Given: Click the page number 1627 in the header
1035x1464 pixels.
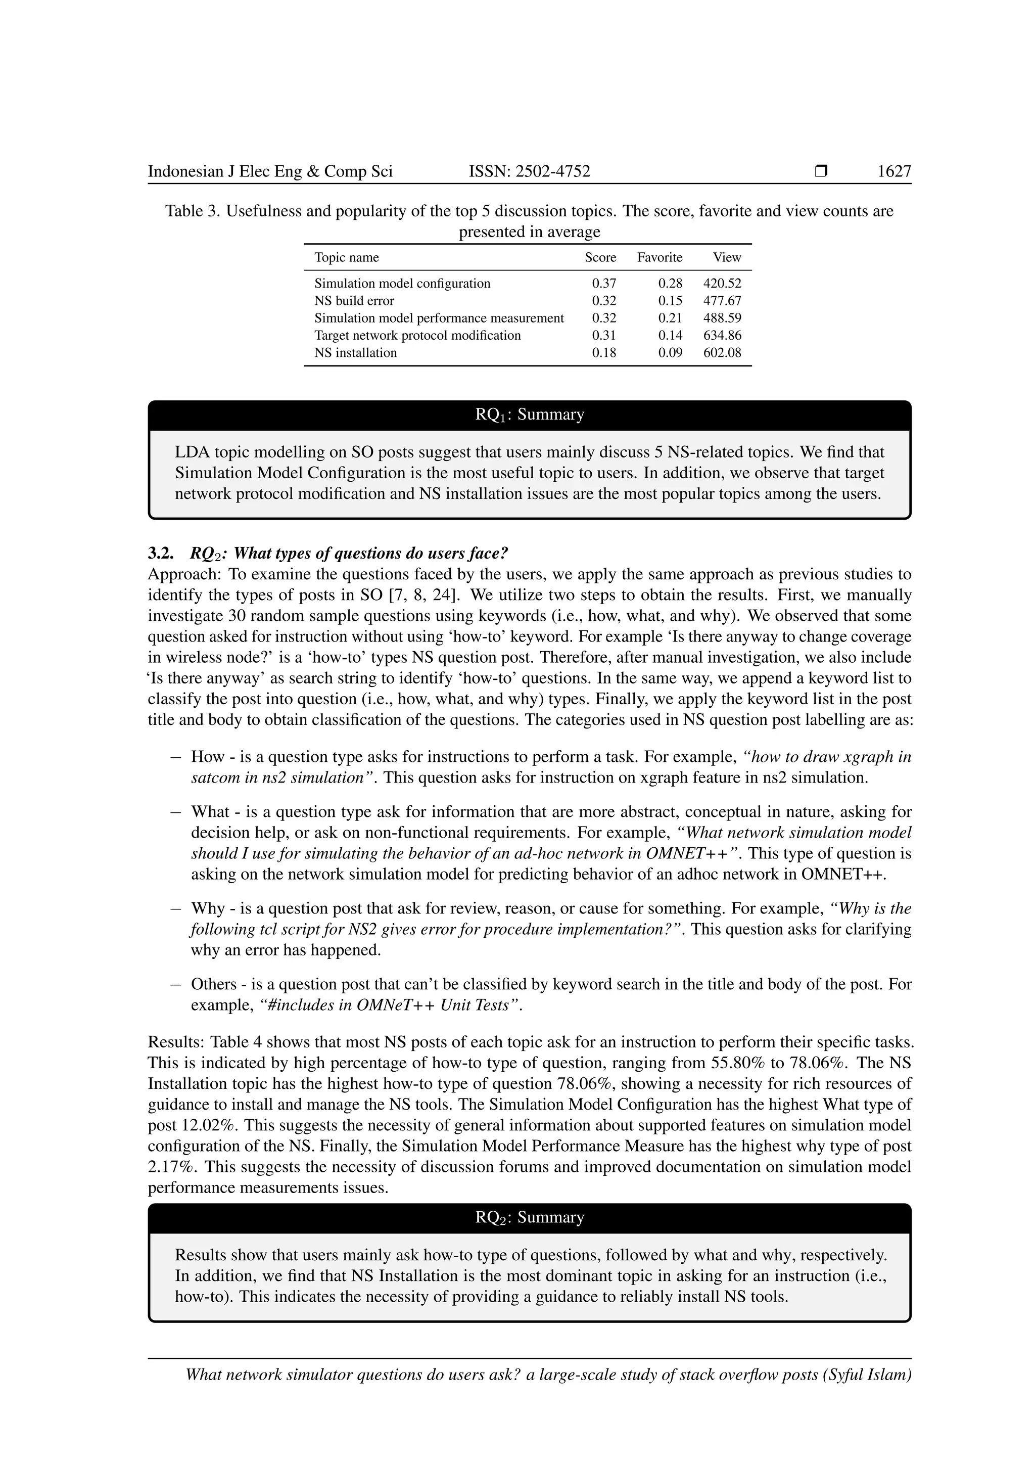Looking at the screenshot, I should click(x=894, y=171).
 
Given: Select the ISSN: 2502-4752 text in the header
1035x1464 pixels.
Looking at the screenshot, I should click(x=529, y=171).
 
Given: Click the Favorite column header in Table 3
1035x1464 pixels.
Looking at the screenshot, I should click(x=659, y=258).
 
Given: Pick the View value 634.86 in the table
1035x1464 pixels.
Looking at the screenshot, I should click(x=722, y=335).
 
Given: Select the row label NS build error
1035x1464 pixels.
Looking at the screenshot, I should click(x=354, y=301).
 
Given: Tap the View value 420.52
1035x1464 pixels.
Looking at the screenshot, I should click(x=722, y=284).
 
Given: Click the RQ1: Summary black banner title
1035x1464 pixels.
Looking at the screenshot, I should click(x=529, y=415).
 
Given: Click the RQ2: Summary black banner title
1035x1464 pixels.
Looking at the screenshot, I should click(x=529, y=1218).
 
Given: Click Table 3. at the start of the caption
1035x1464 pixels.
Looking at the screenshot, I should click(x=193, y=211).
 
